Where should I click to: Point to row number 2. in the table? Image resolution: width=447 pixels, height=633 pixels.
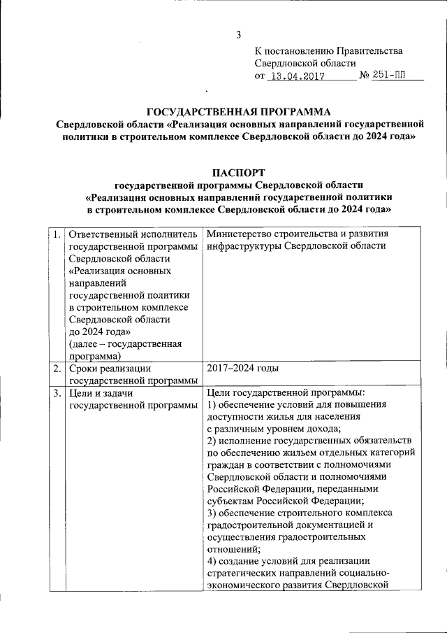coord(54,368)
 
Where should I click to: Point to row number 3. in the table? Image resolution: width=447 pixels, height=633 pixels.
coord(54,394)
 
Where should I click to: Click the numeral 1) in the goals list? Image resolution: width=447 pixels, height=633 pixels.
coord(213,406)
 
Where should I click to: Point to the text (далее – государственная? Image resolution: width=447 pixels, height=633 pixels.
coord(126,343)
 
